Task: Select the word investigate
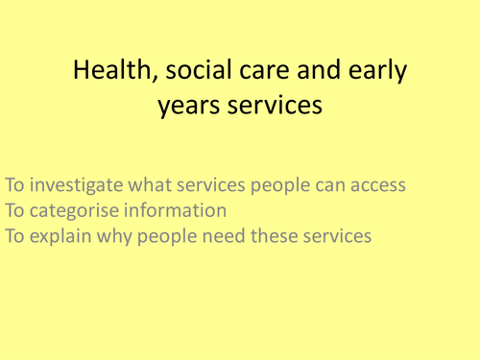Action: pyautogui.click(x=80, y=184)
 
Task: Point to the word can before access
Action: pyautogui.click(x=328, y=184)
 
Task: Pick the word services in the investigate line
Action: pyautogui.click(x=221, y=184)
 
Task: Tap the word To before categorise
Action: pyautogui.click(x=15, y=210)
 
